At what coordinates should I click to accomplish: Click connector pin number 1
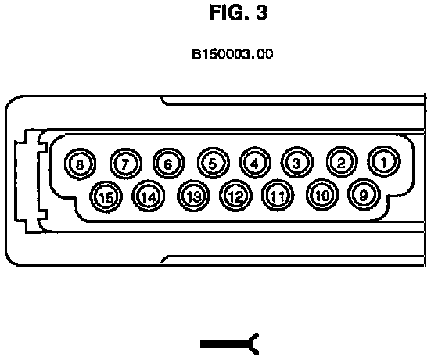[x=384, y=162]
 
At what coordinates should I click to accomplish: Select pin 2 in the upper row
[x=341, y=163]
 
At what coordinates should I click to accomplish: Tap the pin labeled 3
[x=296, y=163]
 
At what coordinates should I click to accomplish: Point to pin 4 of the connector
[x=255, y=163]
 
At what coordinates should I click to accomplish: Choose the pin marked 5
[x=213, y=164]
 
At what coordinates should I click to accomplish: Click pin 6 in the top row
[x=168, y=164]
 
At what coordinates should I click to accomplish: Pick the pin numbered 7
[x=125, y=164]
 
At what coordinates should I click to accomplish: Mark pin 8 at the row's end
[x=80, y=164]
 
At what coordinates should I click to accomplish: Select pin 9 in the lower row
[x=364, y=195]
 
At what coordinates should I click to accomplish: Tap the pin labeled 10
[x=322, y=195]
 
